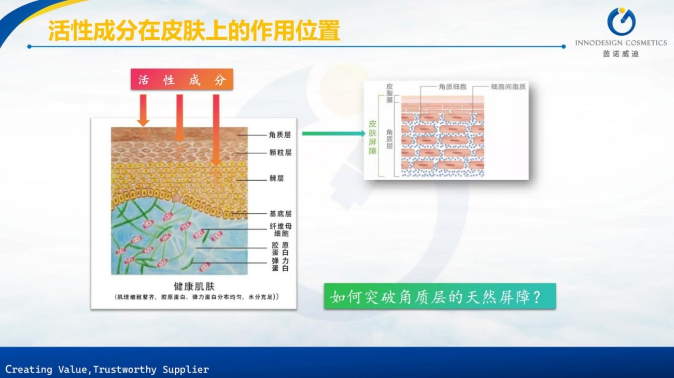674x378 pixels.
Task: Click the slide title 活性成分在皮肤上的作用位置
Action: tap(194, 31)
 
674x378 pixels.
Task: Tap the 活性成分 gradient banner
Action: tap(182, 79)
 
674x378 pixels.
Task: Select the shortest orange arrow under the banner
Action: tap(143, 110)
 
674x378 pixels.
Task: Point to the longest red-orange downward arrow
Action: tap(216, 130)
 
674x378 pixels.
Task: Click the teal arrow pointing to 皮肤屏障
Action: tap(334, 134)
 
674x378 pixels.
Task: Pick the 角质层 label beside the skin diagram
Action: tap(280, 135)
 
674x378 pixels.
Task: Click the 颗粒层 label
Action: tap(280, 153)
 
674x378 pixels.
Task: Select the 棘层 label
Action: tap(276, 179)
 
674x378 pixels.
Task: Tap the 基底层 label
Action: tap(280, 214)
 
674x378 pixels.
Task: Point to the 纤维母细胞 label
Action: tap(280, 230)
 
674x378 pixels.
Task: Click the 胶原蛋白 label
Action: tap(280, 249)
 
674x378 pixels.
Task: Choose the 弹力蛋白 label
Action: tap(280, 265)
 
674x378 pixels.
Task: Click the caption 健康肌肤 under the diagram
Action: tap(194, 286)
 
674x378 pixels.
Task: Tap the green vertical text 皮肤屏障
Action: tap(372, 137)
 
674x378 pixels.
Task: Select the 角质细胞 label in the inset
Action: tap(453, 87)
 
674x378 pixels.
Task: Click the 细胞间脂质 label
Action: tap(508, 87)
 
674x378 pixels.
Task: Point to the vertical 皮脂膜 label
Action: tap(389, 93)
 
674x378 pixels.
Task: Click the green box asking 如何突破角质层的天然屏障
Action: tap(440, 296)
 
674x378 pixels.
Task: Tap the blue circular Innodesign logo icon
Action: tap(622, 21)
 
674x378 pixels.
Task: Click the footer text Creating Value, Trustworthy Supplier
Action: tap(107, 369)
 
